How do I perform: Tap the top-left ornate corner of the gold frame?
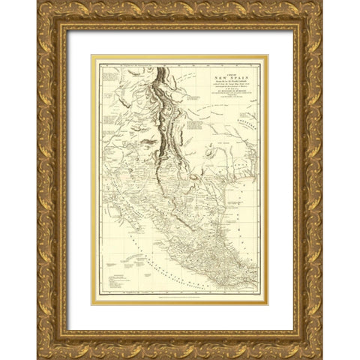46,10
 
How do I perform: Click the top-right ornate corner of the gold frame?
313,10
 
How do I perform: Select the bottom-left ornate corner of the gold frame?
46,349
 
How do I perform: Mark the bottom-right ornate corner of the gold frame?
313,349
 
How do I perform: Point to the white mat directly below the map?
180,318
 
